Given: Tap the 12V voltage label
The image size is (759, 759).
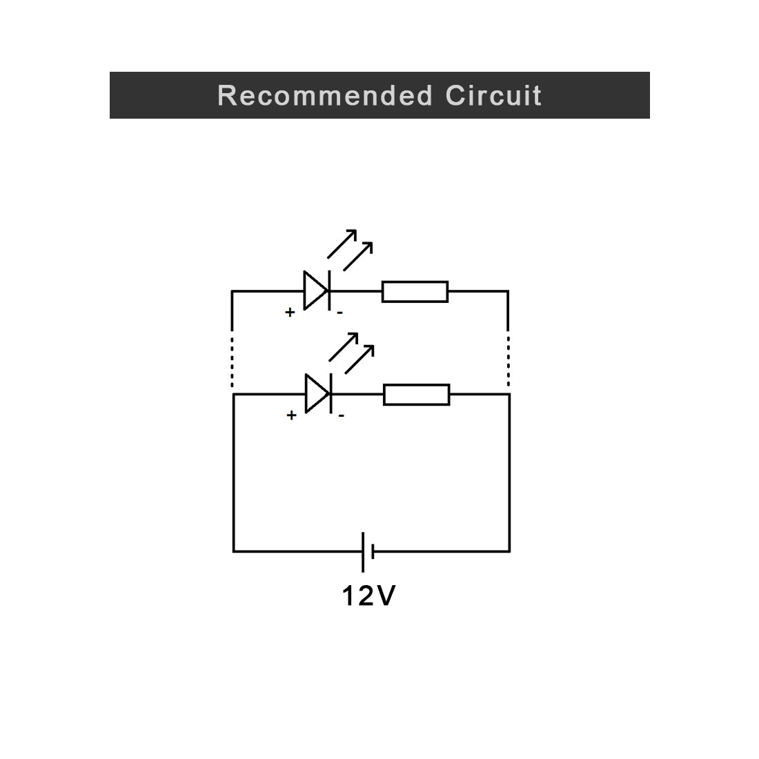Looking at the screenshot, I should click(x=368, y=596).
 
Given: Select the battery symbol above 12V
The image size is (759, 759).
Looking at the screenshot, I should click(x=367, y=551).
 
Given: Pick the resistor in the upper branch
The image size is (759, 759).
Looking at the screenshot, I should click(x=415, y=291).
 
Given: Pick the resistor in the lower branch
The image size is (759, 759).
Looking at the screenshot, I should click(x=416, y=395).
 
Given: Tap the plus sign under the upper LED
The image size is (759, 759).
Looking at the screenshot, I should click(x=290, y=313).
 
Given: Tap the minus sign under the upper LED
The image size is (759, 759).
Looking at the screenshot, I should click(x=339, y=313).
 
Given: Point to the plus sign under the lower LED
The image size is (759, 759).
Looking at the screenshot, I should click(x=291, y=415).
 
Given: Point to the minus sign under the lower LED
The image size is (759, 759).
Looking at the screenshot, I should click(x=341, y=416).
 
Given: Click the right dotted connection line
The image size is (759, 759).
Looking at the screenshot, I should click(x=509, y=361).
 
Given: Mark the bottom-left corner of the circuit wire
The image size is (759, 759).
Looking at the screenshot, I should click(x=233, y=551).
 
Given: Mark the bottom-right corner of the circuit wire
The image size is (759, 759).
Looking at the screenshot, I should click(x=509, y=551).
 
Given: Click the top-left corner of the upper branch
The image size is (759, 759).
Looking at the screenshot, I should click(x=232, y=291).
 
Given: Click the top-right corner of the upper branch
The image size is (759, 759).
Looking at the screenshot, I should click(x=509, y=291).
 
